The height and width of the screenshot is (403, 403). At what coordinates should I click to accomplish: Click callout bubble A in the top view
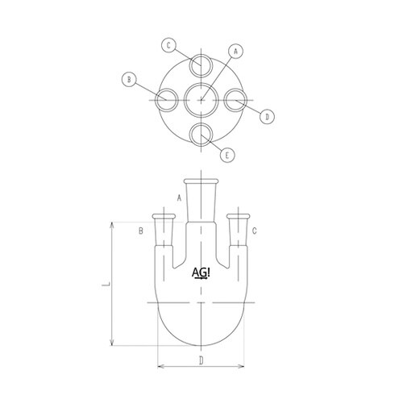pyautogui.click(x=236, y=50)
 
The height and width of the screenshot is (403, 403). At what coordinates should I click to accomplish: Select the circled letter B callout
pyautogui.click(x=127, y=79)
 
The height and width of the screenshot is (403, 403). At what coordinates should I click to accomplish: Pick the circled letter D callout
pyautogui.click(x=268, y=117)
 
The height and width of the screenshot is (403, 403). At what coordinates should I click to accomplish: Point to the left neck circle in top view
pyautogui.click(x=168, y=101)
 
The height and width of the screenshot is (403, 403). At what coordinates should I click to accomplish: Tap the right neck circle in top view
pyautogui.click(x=235, y=101)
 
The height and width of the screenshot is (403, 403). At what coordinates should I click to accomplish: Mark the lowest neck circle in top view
pyautogui.click(x=201, y=134)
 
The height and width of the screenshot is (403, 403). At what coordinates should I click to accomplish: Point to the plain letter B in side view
pyautogui.click(x=140, y=232)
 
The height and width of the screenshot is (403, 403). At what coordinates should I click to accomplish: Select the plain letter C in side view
pyautogui.click(x=255, y=232)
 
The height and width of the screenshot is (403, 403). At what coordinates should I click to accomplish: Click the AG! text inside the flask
pyautogui.click(x=201, y=273)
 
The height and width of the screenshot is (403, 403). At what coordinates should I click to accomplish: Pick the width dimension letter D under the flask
pyautogui.click(x=201, y=360)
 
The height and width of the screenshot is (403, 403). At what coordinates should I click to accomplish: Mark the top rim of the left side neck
pyautogui.click(x=164, y=215)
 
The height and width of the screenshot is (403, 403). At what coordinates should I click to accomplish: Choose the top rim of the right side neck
pyautogui.click(x=238, y=215)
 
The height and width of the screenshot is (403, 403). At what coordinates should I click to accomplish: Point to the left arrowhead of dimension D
pyautogui.click(x=157, y=367)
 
